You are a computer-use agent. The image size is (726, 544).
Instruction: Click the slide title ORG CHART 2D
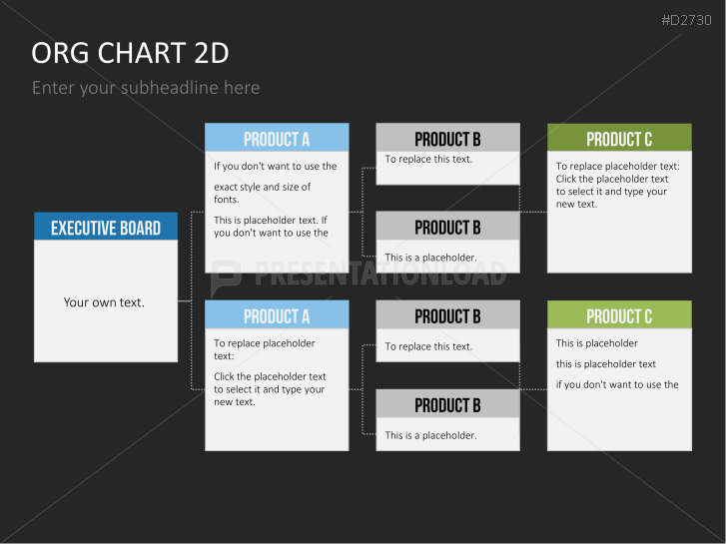(x=130, y=53)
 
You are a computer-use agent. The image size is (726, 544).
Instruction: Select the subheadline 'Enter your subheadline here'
(x=146, y=88)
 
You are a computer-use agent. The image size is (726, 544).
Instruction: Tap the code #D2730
(x=687, y=20)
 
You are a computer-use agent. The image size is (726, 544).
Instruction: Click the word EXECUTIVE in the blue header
(x=76, y=228)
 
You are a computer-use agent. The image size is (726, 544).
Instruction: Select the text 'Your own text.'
(x=104, y=302)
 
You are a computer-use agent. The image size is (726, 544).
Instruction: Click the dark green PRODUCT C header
(x=619, y=138)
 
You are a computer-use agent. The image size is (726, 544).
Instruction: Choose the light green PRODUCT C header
(x=619, y=314)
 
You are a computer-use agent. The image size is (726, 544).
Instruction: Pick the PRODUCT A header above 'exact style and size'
(x=277, y=138)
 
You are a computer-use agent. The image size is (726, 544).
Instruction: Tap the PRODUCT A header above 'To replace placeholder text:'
(x=277, y=314)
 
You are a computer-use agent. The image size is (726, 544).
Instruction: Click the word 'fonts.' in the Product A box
(x=227, y=200)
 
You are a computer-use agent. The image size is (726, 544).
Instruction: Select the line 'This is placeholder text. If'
(x=271, y=220)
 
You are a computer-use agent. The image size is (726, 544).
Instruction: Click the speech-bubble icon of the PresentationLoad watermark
(x=226, y=276)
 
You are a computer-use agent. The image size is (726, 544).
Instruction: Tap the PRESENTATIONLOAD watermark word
(x=380, y=273)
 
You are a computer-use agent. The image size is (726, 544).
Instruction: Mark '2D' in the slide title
(x=212, y=53)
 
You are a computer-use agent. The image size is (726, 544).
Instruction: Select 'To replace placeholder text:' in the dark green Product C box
(x=618, y=167)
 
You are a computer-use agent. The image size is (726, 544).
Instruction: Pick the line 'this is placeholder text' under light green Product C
(x=605, y=364)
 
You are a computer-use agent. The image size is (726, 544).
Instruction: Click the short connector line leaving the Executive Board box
(x=185, y=300)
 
